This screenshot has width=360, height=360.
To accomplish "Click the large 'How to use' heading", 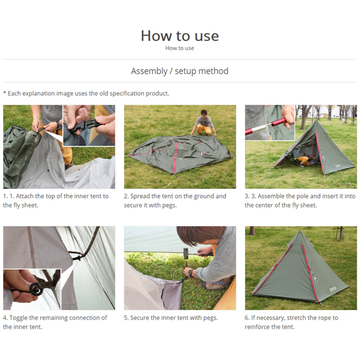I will tap(179, 35).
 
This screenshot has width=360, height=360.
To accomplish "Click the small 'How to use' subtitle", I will tap(179, 49).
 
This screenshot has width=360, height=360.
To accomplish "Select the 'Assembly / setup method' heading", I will tap(179, 71).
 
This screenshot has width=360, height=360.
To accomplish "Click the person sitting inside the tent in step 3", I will tap(304, 159).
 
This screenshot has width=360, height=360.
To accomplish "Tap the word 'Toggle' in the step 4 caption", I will tap(21, 317).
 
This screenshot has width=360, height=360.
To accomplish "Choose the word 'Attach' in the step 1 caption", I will tap(26, 196).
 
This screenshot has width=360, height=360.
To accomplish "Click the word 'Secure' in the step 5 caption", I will tap(142, 317).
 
